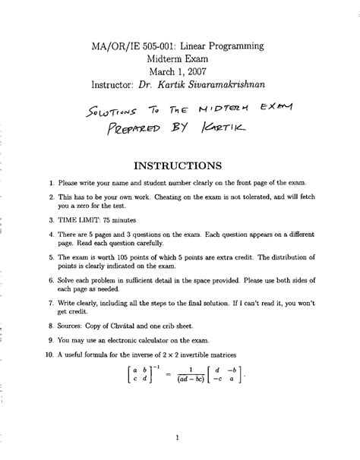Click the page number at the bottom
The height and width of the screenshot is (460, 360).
pyautogui.click(x=176, y=437)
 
